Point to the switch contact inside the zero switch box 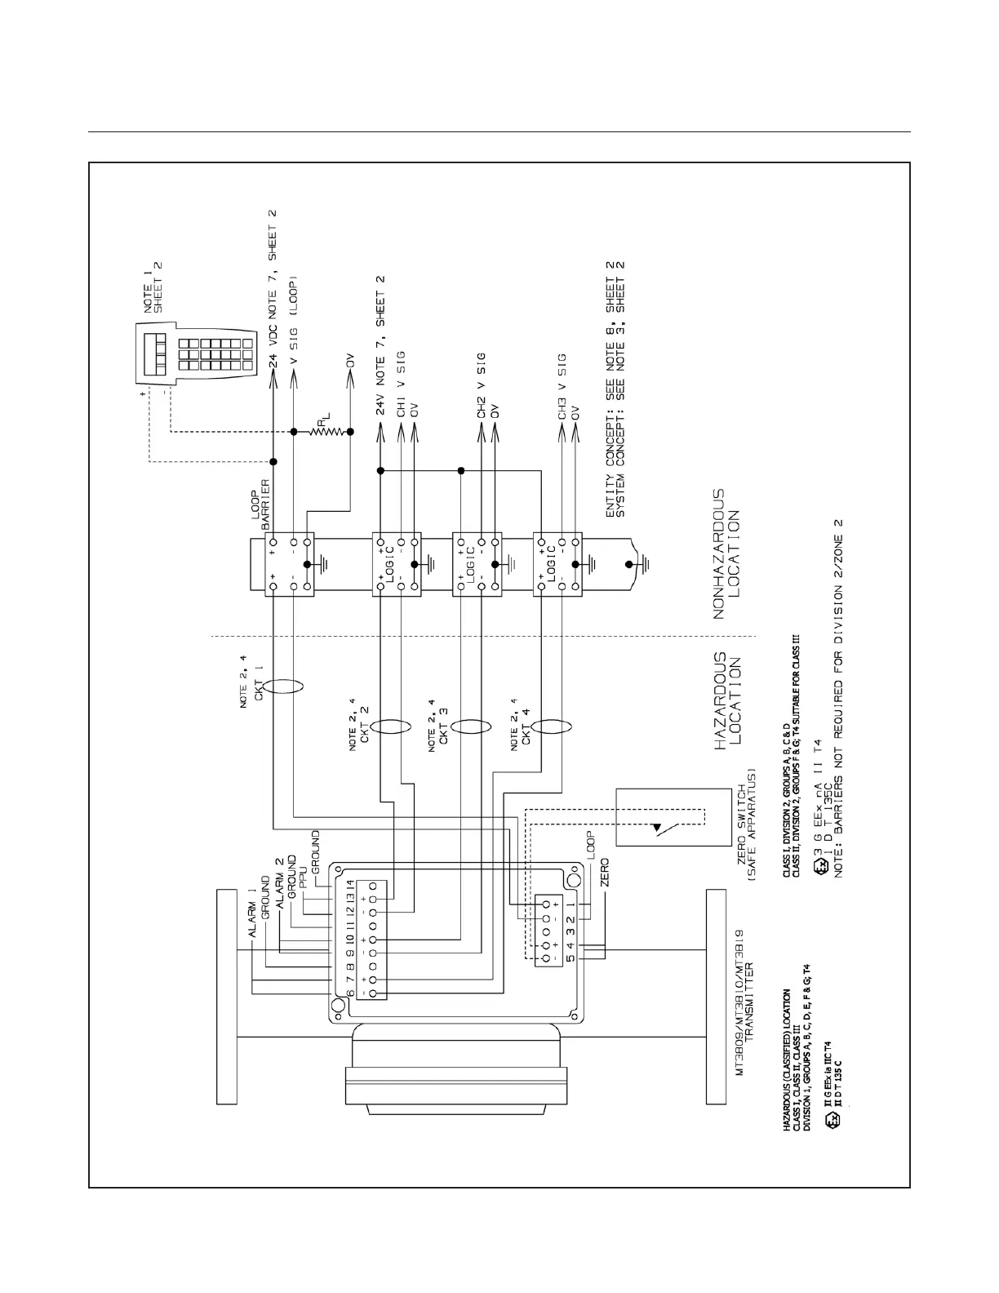tap(659, 829)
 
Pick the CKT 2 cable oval tap(390, 726)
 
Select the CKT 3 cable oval tap(471, 726)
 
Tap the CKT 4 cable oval tap(552, 726)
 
